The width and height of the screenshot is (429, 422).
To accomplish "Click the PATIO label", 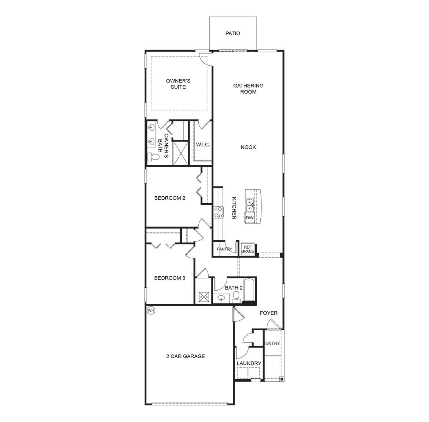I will (233, 33).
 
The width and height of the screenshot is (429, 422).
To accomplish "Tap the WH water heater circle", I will (151, 310).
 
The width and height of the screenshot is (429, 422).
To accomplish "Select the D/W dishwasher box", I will (250, 218).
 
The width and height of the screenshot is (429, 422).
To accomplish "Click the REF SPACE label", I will (247, 250).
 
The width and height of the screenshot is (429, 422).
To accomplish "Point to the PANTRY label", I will (224, 249).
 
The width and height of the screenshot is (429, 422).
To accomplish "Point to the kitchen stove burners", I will (218, 212).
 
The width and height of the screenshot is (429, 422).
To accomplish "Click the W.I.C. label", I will (203, 145).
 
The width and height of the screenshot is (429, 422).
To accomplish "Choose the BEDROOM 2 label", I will (170, 198).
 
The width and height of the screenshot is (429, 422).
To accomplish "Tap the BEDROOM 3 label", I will (170, 278).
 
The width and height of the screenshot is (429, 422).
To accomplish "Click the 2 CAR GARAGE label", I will (186, 356).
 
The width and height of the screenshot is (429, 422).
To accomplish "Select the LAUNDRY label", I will (249, 363).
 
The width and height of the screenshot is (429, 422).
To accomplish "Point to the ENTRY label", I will (272, 343).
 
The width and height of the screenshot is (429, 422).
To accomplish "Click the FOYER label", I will (269, 313).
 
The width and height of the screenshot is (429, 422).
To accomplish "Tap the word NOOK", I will (248, 147).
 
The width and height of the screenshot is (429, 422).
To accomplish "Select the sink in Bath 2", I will (221, 298).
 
